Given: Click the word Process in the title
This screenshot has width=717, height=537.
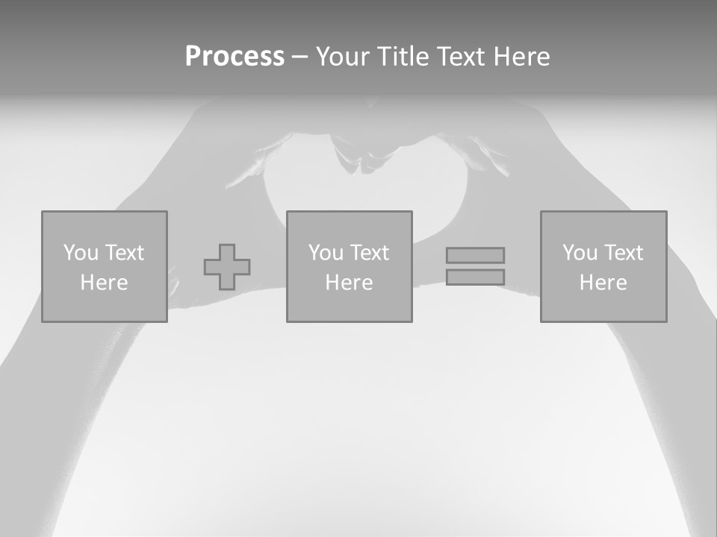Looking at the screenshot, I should (235, 57).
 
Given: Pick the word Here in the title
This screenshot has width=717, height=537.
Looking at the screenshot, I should (521, 57).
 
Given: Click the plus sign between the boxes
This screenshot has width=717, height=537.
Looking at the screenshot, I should (227, 267).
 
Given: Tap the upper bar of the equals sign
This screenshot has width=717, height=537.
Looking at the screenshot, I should (475, 256).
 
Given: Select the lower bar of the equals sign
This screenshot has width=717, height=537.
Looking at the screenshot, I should (475, 277).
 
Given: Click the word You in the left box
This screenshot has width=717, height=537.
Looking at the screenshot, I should (81, 253).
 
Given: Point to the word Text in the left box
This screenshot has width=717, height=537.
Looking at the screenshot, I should (123, 253).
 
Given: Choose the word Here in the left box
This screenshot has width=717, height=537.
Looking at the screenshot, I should (104, 283).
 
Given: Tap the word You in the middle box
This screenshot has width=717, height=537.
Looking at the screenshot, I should (326, 253).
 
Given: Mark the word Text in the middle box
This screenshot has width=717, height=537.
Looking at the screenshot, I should (368, 253).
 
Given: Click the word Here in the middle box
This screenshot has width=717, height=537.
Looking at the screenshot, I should (349, 283).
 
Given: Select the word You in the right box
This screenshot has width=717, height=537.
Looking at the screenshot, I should (580, 253).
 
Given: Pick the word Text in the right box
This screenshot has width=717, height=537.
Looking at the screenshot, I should (622, 253).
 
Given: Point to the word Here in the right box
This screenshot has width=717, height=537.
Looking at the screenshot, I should (603, 283).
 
